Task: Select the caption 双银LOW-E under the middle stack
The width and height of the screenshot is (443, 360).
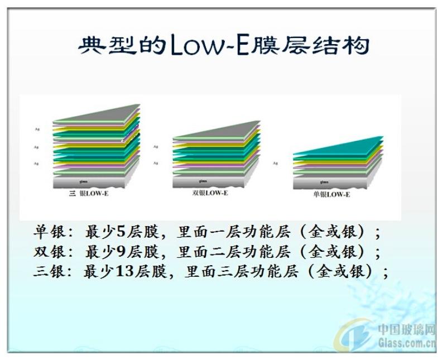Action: tap(209, 193)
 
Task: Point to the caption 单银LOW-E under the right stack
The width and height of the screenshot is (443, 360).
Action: tap(331, 194)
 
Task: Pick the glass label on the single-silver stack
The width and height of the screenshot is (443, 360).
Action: tap(324, 182)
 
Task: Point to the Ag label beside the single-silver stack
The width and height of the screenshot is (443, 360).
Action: tap(276, 164)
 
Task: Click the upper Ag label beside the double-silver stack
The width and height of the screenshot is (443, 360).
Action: tap(155, 147)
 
